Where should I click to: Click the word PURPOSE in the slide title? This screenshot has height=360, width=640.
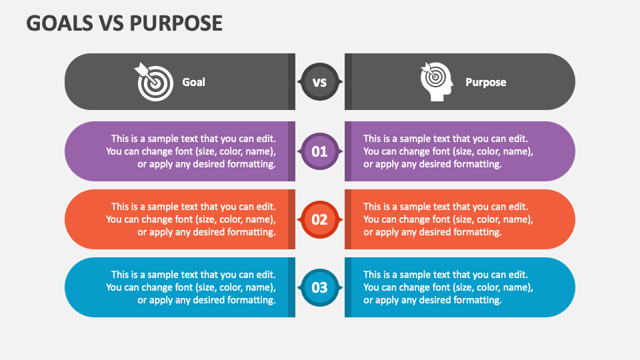177,23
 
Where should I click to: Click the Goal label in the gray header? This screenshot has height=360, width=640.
193,82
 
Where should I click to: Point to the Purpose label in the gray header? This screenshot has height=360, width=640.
485,82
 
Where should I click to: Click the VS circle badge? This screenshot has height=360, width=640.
320,82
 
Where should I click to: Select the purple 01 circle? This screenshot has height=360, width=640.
320,151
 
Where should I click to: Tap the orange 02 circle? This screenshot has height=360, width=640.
320,219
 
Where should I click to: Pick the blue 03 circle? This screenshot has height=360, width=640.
320,287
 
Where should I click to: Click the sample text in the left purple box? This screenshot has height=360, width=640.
191,151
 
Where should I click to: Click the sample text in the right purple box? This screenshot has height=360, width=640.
448,151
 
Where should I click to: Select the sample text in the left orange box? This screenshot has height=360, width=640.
191,219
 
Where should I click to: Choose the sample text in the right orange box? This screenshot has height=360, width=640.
448,219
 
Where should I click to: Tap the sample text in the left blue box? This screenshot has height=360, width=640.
191,287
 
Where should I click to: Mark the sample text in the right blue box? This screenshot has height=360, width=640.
448,287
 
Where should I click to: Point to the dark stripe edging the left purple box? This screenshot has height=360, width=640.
291,151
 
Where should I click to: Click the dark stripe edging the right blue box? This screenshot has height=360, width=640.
348,287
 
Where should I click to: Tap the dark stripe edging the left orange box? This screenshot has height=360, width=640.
291,219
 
